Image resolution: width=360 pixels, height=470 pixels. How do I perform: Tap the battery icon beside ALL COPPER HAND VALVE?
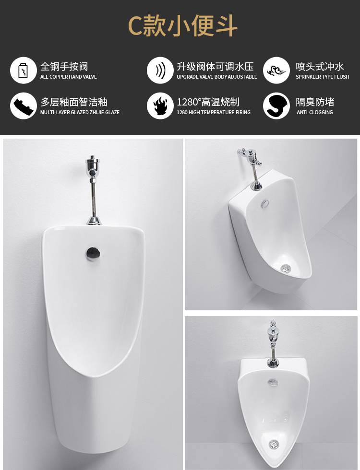pos(24,70)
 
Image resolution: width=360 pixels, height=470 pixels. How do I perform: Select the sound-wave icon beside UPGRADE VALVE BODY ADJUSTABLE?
pos(160,70)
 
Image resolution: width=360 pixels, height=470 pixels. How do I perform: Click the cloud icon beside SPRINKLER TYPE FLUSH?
pos(276,70)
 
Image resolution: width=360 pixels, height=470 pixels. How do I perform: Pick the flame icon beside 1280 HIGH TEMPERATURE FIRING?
pos(160,106)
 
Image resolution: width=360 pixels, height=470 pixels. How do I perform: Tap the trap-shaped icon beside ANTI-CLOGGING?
pos(276,106)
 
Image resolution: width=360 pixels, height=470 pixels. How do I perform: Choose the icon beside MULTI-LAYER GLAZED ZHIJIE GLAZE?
pos(24,106)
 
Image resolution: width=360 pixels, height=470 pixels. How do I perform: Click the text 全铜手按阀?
pos(64,66)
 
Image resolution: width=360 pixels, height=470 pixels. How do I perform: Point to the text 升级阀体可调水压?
pos(215,66)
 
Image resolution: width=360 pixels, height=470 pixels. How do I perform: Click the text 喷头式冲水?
pos(320,66)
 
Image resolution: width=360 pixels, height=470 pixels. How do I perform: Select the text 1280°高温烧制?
pos(208,102)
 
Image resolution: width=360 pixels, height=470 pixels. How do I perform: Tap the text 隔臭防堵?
pos(315,102)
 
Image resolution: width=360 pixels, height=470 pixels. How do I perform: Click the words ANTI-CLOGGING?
pos(315,112)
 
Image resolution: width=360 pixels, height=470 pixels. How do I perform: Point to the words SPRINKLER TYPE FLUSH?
pos(323,77)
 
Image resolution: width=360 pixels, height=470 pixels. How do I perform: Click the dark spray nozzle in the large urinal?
pos(93,253)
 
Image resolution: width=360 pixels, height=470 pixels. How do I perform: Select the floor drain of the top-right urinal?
pos(286,268)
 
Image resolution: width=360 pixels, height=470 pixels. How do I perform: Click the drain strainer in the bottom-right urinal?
pos(273,444)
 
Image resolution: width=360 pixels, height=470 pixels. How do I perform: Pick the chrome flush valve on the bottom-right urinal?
pos(273,343)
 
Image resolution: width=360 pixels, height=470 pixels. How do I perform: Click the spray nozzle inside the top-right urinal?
pos(265,203)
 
